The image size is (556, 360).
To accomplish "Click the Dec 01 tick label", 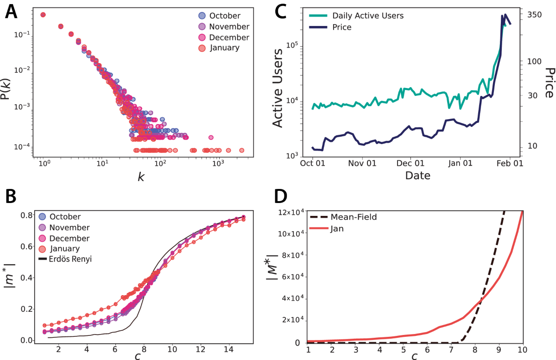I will click(x=411, y=164).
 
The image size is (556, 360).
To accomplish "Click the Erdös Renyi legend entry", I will click(x=65, y=259).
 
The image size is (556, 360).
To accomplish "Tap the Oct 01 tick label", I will click(x=312, y=164).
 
